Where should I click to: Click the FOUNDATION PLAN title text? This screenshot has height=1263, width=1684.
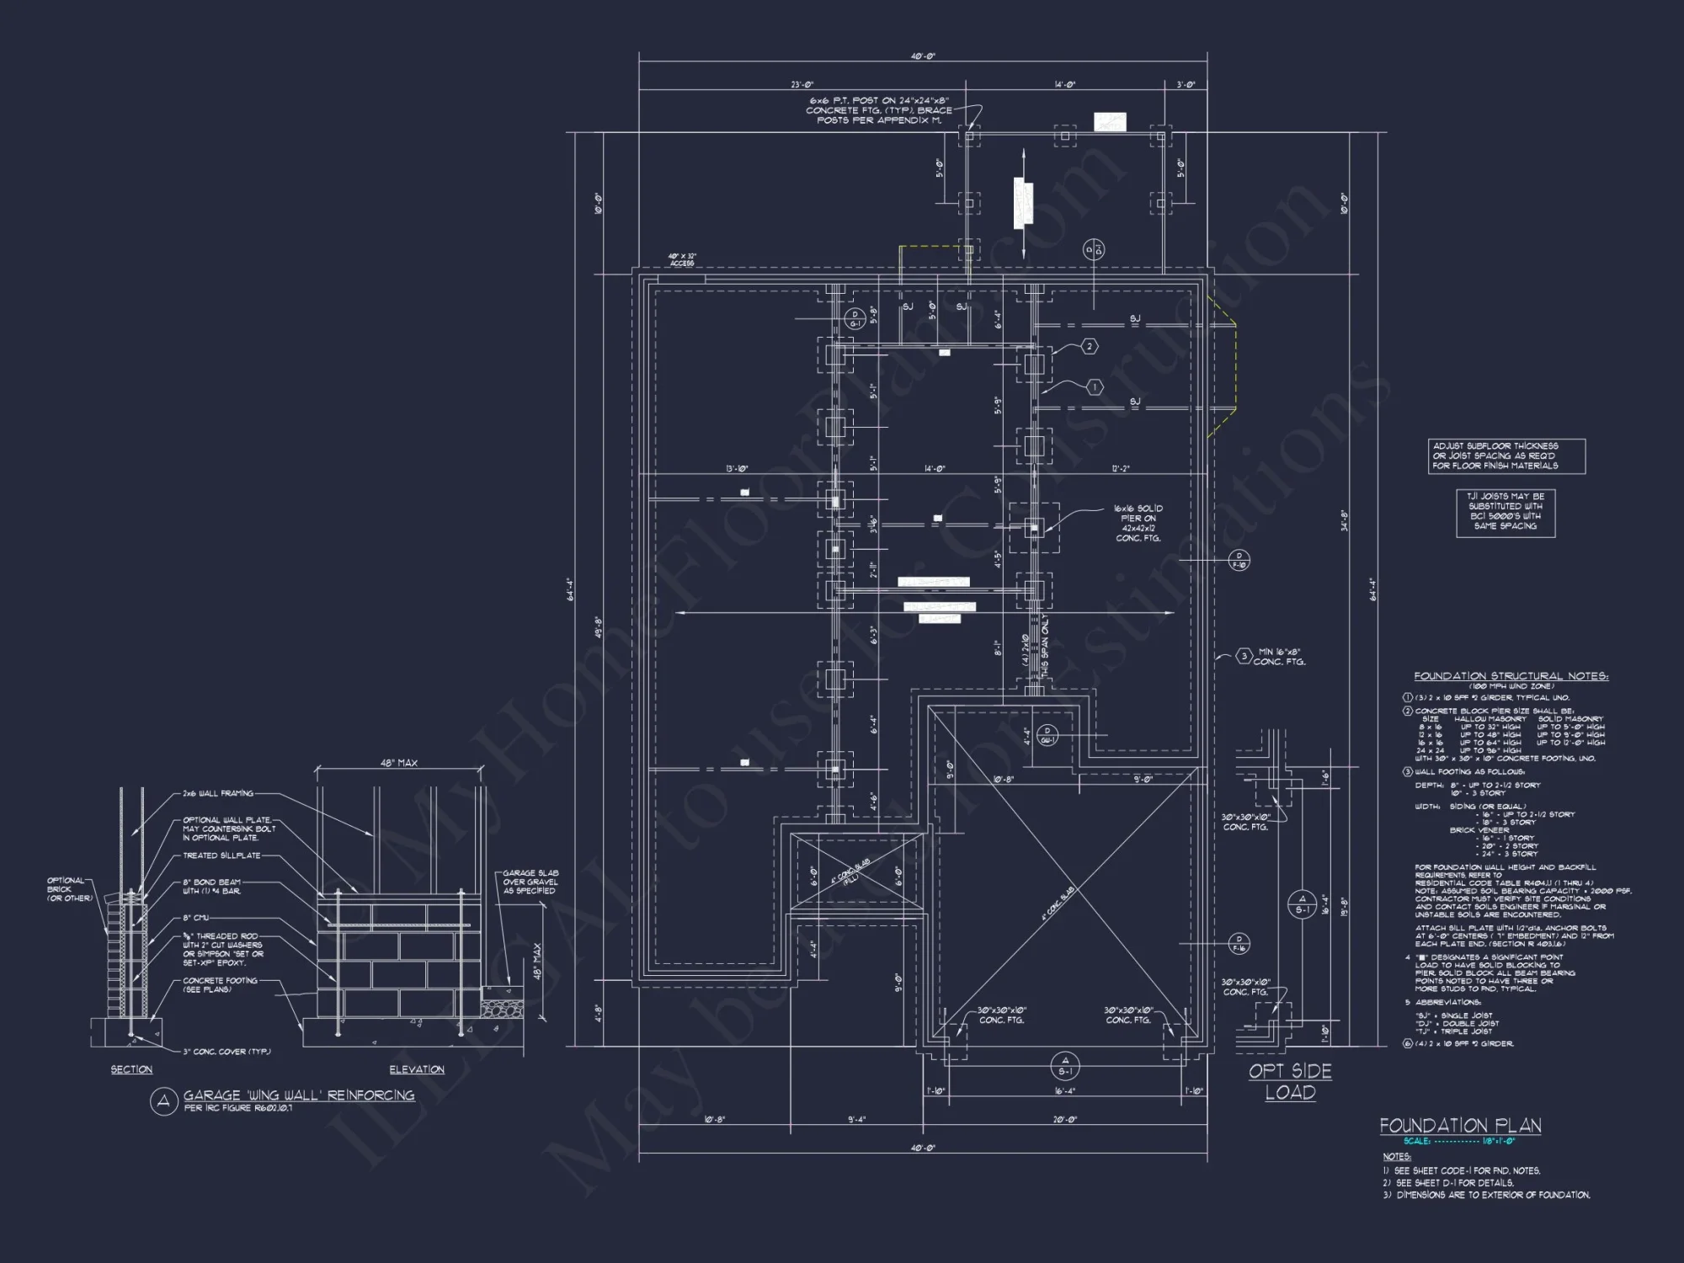(1460, 1126)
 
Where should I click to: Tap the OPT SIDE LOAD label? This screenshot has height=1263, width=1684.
(1290, 1082)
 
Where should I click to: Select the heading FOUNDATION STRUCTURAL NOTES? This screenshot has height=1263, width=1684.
(1511, 676)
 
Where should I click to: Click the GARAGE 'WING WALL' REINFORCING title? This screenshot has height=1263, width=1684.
(299, 1095)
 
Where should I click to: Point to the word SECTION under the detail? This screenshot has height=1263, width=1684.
(131, 1069)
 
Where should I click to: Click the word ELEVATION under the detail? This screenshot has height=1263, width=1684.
(417, 1069)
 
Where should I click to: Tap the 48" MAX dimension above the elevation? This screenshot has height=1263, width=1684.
(399, 763)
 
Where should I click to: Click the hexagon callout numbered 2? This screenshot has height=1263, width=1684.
(1090, 346)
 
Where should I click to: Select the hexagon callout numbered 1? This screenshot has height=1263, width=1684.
(1094, 387)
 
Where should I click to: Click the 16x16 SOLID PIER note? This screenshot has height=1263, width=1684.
(1138, 523)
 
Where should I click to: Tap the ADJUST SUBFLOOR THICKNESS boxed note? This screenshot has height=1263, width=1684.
(1506, 456)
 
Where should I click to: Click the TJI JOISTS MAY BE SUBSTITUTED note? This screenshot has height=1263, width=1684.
(1505, 512)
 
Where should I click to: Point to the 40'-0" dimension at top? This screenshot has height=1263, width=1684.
(923, 56)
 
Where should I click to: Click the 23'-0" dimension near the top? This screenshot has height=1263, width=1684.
(802, 84)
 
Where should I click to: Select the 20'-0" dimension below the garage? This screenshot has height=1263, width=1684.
(1065, 1120)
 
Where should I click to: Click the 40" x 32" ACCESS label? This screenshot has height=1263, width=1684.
(682, 260)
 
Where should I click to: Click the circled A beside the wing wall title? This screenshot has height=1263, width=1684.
(163, 1101)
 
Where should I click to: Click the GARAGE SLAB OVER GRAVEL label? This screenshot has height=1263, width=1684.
(530, 882)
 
